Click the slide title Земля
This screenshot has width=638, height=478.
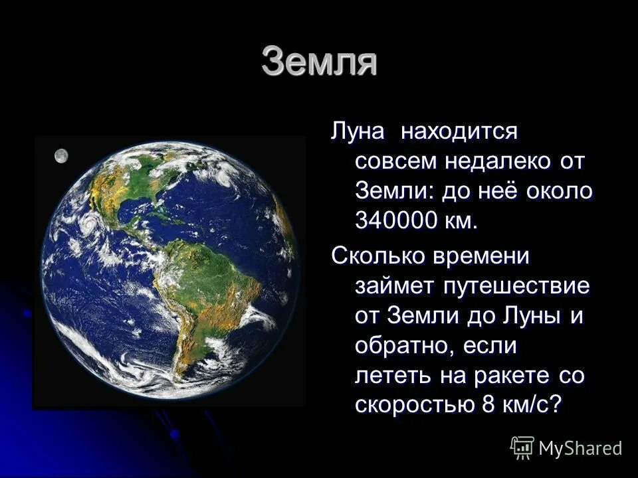pyautogui.click(x=320, y=62)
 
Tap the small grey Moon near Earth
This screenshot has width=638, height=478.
pyautogui.click(x=61, y=155)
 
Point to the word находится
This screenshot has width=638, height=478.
pyautogui.click(x=458, y=131)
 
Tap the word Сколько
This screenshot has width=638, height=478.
pyautogui.click(x=377, y=256)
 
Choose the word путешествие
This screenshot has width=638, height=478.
pyautogui.click(x=509, y=286)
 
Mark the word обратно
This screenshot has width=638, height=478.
pyautogui.click(x=402, y=346)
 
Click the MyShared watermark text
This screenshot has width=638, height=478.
pyautogui.click(x=580, y=448)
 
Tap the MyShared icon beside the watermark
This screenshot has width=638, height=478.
pyautogui.click(x=522, y=448)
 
